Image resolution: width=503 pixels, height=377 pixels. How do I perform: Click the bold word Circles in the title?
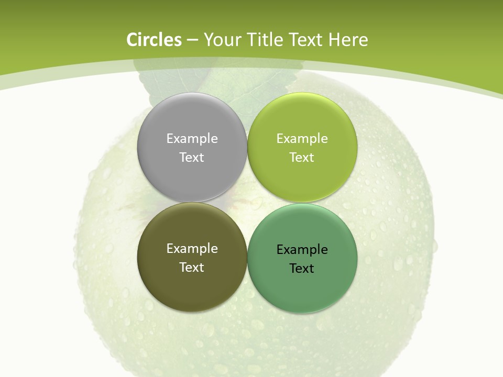[x=154, y=40]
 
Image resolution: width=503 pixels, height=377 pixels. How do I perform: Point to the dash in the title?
[x=192, y=40]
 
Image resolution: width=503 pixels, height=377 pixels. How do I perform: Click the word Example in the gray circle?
[x=192, y=138]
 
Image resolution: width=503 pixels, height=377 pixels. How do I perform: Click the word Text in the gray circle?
[x=192, y=157]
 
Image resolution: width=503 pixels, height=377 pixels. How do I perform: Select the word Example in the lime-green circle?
[x=302, y=138]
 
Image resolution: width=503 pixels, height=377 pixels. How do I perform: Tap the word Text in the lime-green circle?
[x=302, y=157]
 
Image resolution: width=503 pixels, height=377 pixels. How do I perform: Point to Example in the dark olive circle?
[x=192, y=248]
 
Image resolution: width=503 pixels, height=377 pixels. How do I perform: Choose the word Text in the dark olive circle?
[x=192, y=267]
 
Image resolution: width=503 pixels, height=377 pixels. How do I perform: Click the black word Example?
[x=302, y=249]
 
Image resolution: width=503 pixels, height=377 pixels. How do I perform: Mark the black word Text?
[x=302, y=268]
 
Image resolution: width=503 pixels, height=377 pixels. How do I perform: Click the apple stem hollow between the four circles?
[x=246, y=202]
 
